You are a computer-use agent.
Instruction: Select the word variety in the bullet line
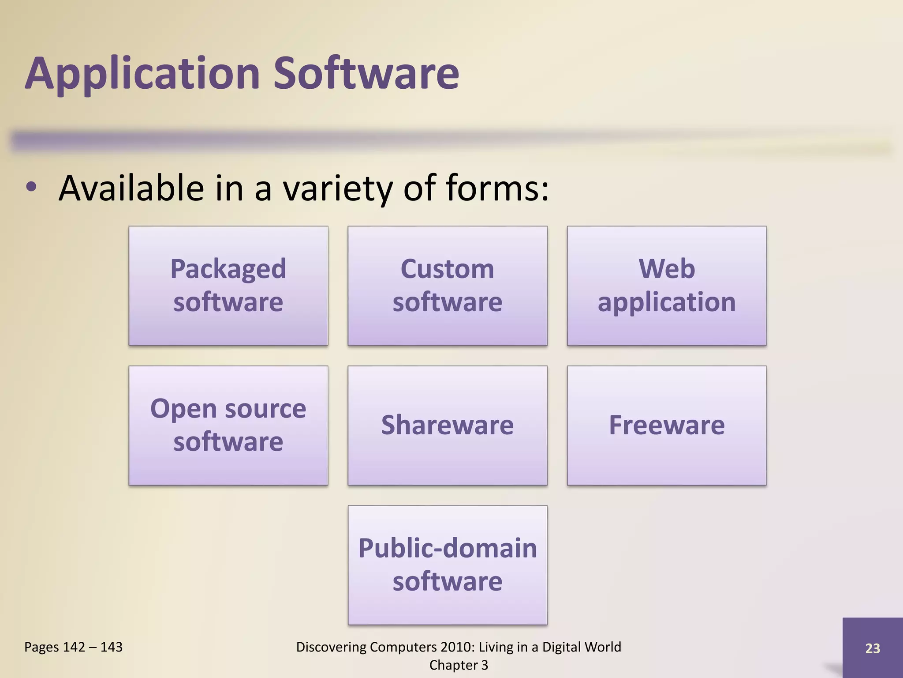337,189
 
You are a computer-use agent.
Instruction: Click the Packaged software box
228,286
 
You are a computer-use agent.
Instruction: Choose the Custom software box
447,286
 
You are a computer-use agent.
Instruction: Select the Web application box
666,286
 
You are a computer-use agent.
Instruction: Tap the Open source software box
228,425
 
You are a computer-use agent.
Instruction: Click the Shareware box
447,425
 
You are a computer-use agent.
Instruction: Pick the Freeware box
666,425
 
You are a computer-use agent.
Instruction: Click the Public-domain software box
447,565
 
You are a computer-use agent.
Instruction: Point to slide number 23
872,648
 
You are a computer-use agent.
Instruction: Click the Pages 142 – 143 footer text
73,647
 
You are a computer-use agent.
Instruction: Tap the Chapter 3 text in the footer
459,665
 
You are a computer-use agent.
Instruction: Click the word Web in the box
667,268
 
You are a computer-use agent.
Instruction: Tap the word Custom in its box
447,268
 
